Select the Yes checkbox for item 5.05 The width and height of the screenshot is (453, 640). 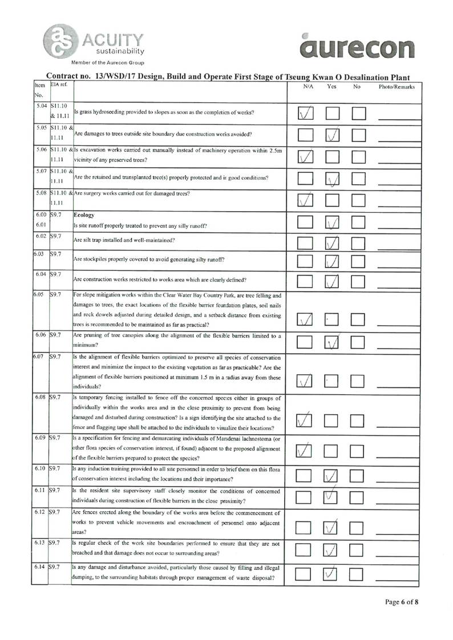(333, 135)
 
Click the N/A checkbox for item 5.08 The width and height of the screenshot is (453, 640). (306, 200)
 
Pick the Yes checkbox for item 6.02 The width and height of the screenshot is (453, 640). (333, 243)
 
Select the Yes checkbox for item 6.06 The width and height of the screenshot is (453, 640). (333, 342)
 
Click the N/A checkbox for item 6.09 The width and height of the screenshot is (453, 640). (306, 450)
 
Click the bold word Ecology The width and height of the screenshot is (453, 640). (85, 216)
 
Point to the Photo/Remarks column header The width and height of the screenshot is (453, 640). (397, 87)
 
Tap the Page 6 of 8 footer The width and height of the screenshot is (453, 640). (402, 602)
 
